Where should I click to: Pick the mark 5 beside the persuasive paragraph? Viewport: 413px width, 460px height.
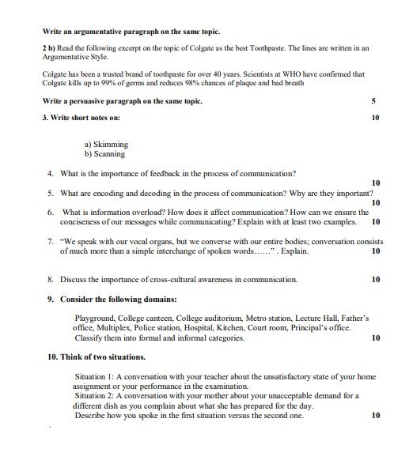point(373,102)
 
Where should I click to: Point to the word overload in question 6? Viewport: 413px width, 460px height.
point(138,213)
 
